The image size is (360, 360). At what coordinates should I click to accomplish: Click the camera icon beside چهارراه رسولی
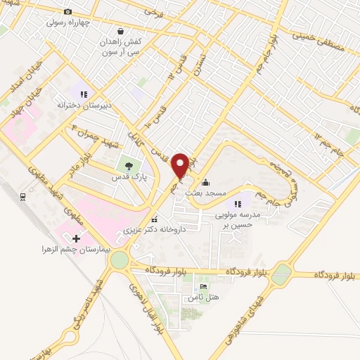pos(67,12)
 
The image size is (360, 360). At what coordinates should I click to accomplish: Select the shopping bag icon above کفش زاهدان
pos(122,32)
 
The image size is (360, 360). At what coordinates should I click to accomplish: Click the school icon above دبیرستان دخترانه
pos(84,94)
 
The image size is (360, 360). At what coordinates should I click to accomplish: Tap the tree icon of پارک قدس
pos(129,167)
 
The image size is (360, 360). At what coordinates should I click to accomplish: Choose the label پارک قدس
pos(129,178)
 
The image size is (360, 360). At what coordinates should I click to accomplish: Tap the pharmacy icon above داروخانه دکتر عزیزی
pos(155,219)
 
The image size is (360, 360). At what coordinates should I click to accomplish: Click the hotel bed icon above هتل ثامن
pos(203,287)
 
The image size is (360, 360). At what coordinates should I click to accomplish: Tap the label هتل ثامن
pos(203,297)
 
